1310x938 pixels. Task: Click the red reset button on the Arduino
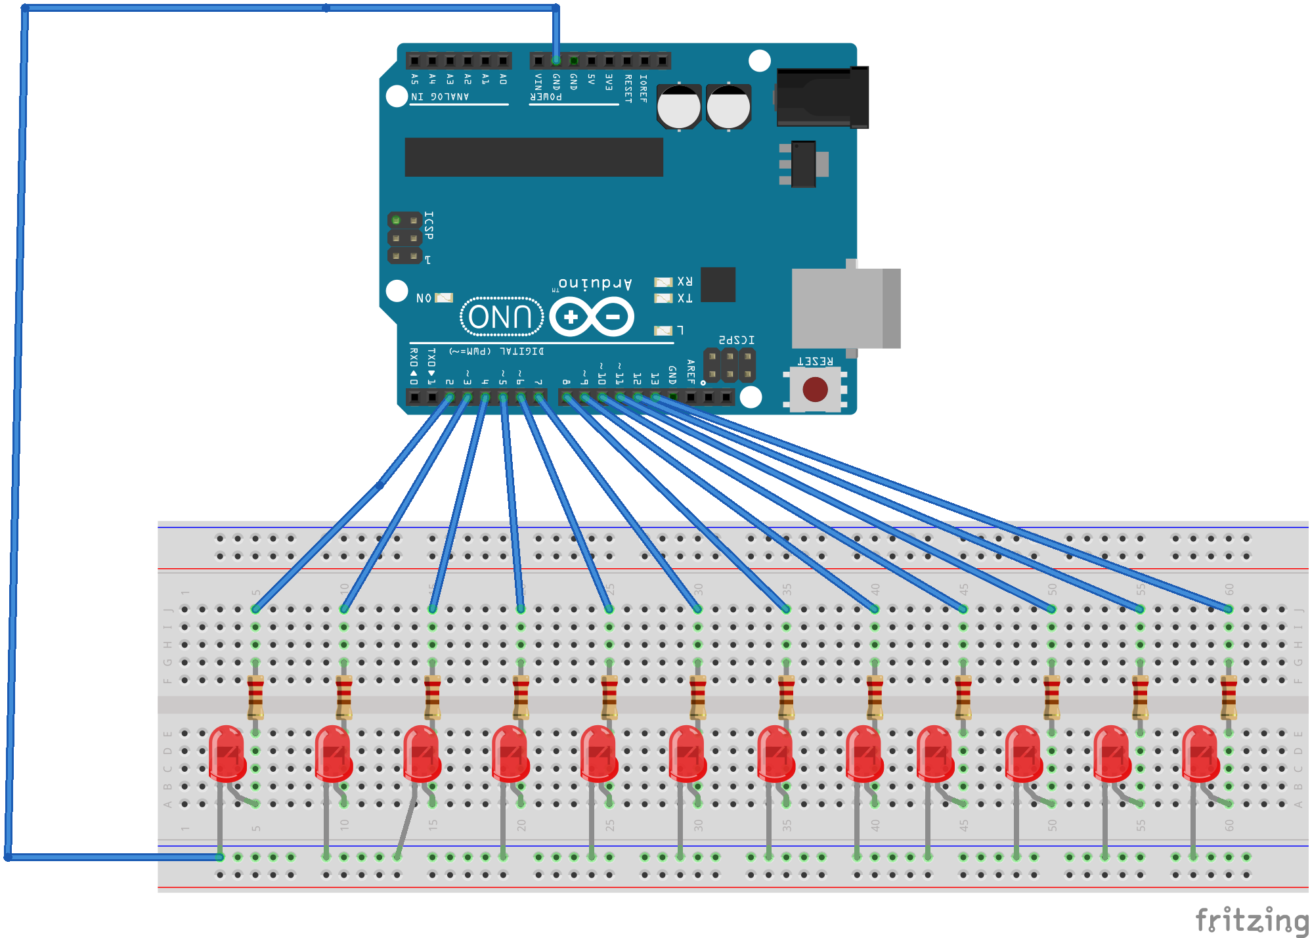point(815,390)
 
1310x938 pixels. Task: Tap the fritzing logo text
point(1250,920)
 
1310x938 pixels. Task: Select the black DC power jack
point(821,98)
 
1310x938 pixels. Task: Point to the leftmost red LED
point(227,754)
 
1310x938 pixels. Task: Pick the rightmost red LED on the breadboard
point(1200,754)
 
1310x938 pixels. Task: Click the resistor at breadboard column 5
point(255,698)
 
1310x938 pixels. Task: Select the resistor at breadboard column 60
point(1229,698)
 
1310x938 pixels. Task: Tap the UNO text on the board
point(501,317)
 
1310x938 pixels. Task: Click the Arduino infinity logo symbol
point(592,317)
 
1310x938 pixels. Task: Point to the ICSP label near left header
point(429,225)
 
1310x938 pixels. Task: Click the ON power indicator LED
point(445,298)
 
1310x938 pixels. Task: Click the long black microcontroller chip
point(533,157)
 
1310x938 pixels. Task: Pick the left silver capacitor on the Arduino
point(679,106)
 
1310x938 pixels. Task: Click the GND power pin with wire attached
point(556,60)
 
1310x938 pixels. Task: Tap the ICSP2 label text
point(736,340)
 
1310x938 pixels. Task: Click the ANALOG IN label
point(440,97)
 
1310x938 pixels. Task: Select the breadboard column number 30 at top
point(698,589)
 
